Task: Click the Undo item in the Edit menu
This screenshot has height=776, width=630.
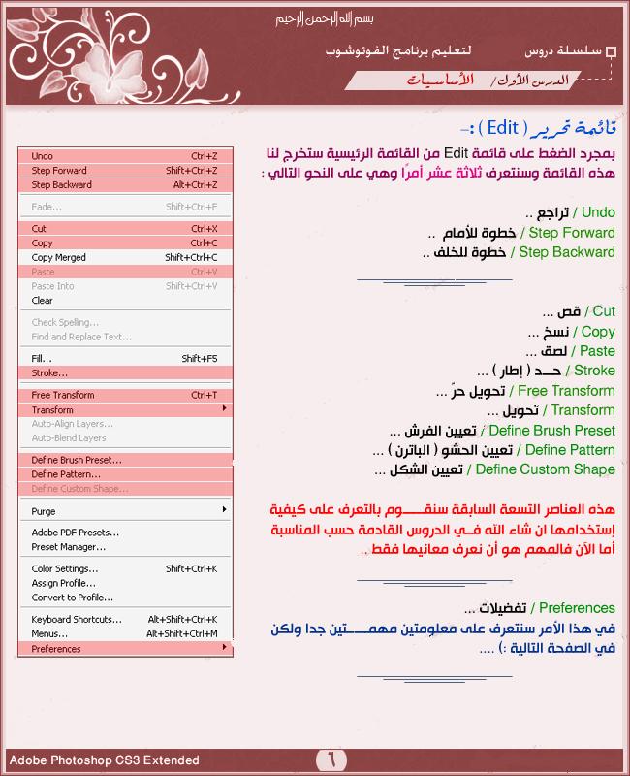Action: point(43,156)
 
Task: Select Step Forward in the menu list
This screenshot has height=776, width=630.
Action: point(59,171)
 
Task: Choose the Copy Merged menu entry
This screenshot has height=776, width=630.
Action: point(58,257)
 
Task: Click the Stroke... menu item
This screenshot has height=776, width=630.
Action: point(49,372)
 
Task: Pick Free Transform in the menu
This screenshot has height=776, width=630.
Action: point(63,395)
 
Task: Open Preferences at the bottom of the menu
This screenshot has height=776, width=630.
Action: point(56,649)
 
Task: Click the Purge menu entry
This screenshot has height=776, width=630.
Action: point(44,511)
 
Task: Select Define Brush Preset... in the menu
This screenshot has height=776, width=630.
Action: point(77,460)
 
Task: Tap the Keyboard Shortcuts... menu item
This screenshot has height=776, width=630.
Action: point(77,619)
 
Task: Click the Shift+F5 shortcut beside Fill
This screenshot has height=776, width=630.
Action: point(200,359)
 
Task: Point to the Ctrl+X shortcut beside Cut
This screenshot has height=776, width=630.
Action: point(204,229)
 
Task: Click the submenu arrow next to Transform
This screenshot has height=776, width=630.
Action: point(225,409)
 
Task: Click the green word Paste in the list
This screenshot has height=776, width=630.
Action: point(596,351)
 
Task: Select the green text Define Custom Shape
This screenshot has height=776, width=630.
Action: point(545,469)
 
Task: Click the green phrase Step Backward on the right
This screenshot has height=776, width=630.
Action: point(567,252)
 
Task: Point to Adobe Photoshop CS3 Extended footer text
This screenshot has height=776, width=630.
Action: point(104,760)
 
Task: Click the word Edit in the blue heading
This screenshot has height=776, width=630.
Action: point(503,127)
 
